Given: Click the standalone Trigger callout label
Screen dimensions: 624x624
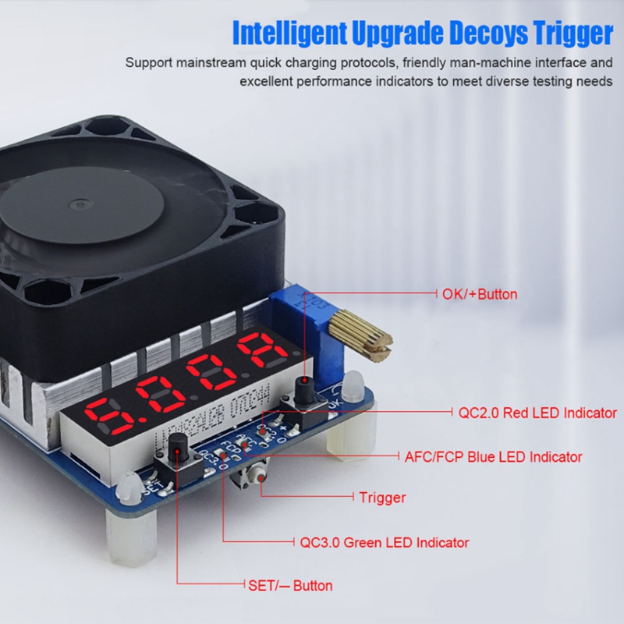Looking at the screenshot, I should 382,497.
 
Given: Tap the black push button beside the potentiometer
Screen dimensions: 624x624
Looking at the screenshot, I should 305,388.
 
